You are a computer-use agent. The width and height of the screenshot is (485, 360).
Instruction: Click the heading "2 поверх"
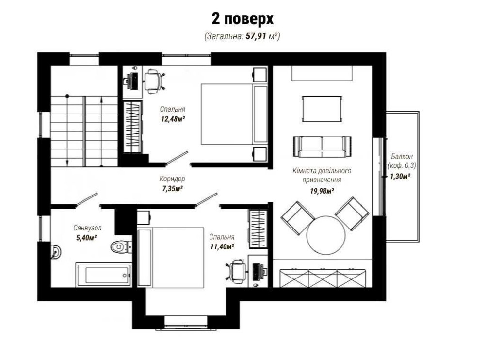pos(242,19)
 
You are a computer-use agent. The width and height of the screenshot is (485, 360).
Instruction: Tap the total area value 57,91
pos(256,36)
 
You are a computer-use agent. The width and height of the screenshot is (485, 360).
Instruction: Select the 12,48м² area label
pos(173,119)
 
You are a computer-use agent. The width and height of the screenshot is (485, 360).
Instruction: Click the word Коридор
pos(172,179)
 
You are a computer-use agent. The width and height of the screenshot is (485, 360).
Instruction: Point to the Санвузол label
pos(87,228)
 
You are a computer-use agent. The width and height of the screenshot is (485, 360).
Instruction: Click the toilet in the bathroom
pos(120,246)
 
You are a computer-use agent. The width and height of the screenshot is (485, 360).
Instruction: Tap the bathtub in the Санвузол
pos(103,275)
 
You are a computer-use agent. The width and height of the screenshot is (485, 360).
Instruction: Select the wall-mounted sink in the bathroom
pos(56,251)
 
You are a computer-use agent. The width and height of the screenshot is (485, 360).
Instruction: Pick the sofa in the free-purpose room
pos(322,147)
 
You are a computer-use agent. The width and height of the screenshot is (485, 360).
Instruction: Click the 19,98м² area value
pos(322,191)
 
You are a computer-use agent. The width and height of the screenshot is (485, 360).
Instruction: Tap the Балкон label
pos(402,156)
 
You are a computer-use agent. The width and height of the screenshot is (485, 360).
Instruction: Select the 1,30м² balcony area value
pos(400,177)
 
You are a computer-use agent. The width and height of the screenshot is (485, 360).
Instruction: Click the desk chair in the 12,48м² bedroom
pos(153,81)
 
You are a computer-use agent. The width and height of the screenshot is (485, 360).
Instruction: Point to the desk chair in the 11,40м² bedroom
pos(237,270)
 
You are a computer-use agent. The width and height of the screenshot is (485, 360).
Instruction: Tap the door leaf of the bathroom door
pos(87,199)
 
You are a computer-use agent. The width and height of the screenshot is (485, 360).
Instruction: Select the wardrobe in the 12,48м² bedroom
pos(133,127)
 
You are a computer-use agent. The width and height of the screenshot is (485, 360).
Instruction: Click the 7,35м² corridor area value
pos(172,189)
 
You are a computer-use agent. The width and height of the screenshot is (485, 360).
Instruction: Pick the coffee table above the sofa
pos(322,109)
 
